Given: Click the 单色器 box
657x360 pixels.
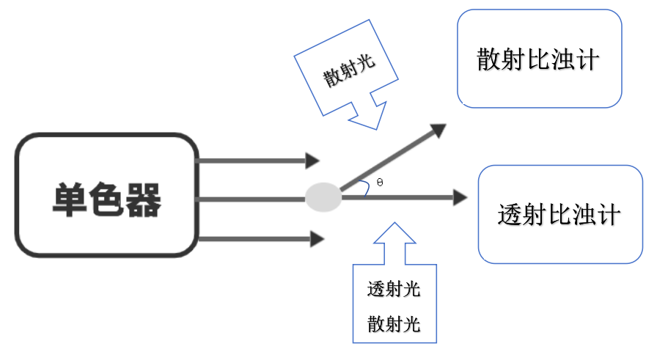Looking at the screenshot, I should (x=107, y=195).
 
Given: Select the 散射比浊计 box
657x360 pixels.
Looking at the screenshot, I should (x=540, y=59).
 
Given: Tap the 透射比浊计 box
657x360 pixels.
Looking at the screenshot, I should (x=560, y=214).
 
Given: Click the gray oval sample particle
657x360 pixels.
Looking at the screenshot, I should (x=323, y=196).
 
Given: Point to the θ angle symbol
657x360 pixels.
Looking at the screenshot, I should (x=380, y=181).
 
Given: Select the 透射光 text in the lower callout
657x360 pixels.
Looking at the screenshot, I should (x=394, y=289).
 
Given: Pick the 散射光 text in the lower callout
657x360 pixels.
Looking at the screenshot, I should (x=394, y=323).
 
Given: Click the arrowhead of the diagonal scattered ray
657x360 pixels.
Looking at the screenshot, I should (x=438, y=131).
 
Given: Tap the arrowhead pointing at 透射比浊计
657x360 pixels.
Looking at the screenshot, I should (x=460, y=197).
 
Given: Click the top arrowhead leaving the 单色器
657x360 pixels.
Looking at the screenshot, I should (x=312, y=160).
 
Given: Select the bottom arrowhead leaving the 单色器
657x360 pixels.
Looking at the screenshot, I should (x=317, y=238).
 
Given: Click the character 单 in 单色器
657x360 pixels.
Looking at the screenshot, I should (x=70, y=199).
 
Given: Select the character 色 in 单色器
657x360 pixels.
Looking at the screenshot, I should (x=106, y=199).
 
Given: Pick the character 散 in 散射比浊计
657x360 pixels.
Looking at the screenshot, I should (x=489, y=59).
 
